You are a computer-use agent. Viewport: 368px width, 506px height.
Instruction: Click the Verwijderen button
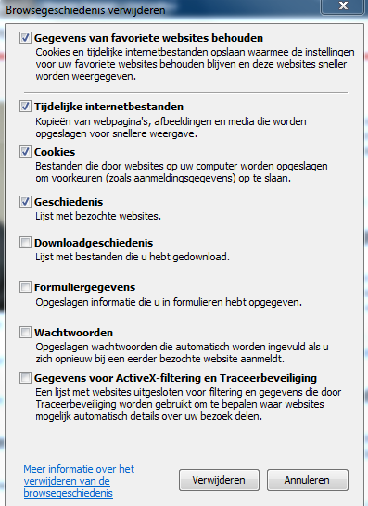[x=219, y=481]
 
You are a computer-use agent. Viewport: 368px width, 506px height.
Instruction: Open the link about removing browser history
[x=79, y=480]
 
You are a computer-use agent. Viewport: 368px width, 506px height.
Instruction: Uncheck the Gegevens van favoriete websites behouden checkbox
[x=26, y=38]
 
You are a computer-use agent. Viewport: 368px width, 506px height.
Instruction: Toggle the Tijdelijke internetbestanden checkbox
[x=26, y=107]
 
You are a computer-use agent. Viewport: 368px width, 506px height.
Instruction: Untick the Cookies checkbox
[x=26, y=151]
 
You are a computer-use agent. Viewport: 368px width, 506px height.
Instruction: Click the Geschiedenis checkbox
[x=26, y=200]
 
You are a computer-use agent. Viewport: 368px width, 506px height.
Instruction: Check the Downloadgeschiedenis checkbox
[x=26, y=242]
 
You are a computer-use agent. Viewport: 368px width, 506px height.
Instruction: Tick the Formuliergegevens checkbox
[x=26, y=287]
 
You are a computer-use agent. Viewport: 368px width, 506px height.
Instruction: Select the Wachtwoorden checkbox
[x=26, y=332]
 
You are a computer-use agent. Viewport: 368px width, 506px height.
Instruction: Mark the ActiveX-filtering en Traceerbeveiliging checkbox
[x=26, y=377]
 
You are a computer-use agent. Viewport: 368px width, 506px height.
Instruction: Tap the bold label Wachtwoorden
[x=74, y=332]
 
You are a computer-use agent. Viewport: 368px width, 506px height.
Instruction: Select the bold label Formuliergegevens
[x=84, y=287]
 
